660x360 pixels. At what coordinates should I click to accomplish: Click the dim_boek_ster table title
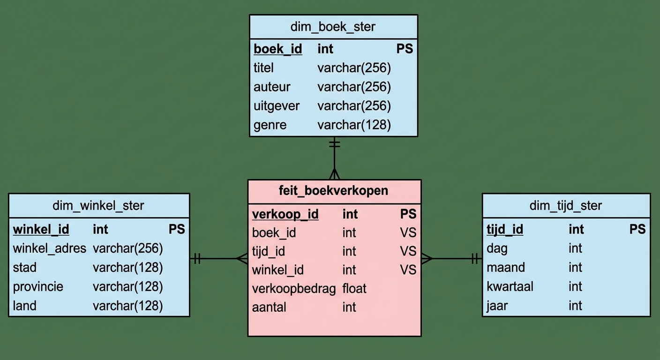333,27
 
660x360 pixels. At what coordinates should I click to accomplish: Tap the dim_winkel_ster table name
98,205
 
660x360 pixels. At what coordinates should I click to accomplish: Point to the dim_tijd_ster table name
566,205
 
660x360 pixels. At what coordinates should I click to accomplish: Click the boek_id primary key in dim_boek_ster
278,49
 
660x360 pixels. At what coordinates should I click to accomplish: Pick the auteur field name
272,87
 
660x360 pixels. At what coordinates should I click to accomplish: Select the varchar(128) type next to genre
354,125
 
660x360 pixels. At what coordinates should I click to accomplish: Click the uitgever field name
277,106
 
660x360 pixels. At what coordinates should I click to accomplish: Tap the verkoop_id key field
285,214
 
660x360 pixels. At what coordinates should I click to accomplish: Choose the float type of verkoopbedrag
354,289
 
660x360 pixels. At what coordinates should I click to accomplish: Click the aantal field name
269,307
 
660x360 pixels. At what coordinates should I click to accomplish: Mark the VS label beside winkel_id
408,270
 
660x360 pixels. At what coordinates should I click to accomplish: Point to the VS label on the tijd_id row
408,251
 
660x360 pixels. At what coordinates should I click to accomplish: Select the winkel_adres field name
50,248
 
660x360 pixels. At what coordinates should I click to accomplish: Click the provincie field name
38,286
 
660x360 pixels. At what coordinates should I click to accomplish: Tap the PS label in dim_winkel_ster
177,229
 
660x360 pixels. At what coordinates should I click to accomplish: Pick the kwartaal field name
510,286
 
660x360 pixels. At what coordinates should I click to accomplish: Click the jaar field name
497,306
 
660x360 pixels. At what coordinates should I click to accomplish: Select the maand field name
506,268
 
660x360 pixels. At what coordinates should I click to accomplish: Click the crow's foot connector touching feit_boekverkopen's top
334,174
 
